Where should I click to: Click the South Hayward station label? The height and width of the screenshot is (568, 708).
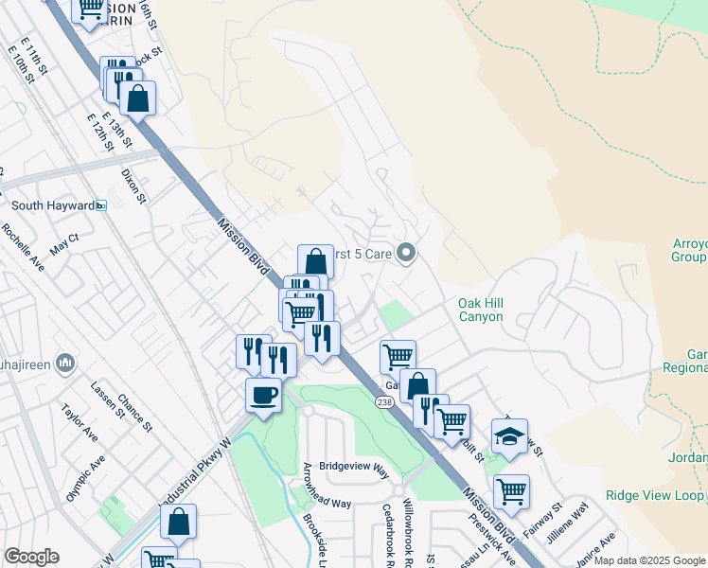(x=52, y=205)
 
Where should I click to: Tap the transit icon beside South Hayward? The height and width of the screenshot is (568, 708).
(x=101, y=205)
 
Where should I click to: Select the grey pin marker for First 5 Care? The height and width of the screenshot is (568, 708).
(x=407, y=252)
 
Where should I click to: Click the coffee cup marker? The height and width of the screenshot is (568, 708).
(x=263, y=394)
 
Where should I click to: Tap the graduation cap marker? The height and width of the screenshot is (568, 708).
(x=509, y=436)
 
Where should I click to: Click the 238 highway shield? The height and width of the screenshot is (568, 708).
(x=383, y=402)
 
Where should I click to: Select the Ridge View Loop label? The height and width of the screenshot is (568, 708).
(x=654, y=495)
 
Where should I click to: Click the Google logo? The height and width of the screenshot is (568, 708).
(x=31, y=557)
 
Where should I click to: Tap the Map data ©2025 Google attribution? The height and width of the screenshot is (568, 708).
(x=649, y=560)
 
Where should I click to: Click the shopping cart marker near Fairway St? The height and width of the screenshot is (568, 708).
(x=511, y=491)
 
